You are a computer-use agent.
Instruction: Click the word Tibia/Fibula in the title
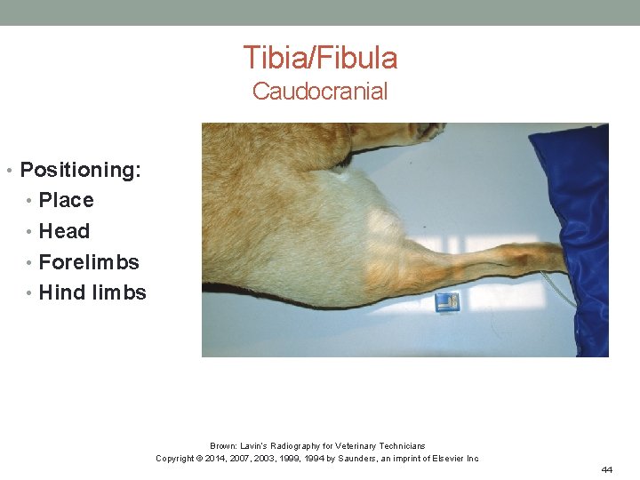[x=320, y=58]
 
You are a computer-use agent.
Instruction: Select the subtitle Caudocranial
[x=320, y=91]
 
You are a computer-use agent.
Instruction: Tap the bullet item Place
[x=66, y=200]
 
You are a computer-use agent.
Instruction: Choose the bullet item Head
[x=64, y=231]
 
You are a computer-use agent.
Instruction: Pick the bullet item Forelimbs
[x=89, y=262]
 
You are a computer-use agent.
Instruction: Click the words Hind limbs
[x=92, y=292]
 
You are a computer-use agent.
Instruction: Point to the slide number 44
[x=607, y=469]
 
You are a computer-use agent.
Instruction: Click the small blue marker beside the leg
[x=445, y=302]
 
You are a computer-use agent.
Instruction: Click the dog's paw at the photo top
[x=427, y=131]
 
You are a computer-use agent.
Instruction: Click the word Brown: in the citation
[x=221, y=445]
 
